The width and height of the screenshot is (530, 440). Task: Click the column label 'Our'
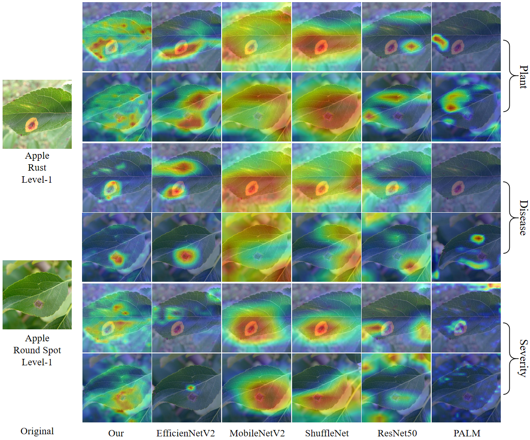[x=116, y=433]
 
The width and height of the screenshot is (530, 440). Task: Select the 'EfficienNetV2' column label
[x=186, y=433]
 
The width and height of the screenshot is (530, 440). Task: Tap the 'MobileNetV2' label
[x=257, y=433]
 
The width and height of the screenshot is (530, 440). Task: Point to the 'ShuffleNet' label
[x=327, y=433]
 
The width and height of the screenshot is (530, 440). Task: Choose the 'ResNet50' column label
[x=397, y=433]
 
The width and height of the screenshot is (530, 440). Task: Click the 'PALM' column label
[x=467, y=433]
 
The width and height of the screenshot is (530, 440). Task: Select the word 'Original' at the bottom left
[x=37, y=431]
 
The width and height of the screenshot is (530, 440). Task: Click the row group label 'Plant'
[x=523, y=77]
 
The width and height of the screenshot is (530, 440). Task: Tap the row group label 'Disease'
[x=523, y=217]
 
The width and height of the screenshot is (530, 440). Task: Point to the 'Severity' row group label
[x=523, y=358]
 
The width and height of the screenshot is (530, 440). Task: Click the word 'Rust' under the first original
[x=37, y=168]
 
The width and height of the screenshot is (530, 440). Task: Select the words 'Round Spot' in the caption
[x=37, y=350]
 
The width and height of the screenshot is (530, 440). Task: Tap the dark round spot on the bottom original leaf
[x=39, y=304]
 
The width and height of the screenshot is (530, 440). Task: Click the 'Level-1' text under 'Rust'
[x=37, y=180]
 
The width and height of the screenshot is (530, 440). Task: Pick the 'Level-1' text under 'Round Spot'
[x=37, y=362]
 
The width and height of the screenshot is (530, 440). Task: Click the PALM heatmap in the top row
[x=466, y=36]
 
